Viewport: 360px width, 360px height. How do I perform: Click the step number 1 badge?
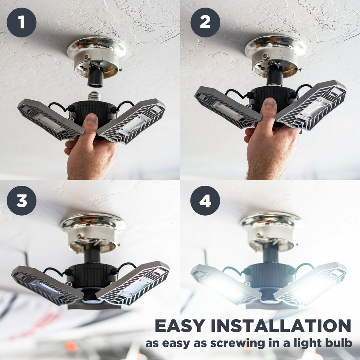[x=22, y=22]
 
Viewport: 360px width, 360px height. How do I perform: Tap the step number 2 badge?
[x=205, y=22]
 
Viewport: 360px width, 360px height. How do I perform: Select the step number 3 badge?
[x=22, y=201]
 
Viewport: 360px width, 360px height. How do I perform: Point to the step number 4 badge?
[x=205, y=201]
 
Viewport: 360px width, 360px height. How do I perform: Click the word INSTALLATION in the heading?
[x=279, y=326]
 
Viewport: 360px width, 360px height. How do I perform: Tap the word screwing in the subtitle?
[x=242, y=343]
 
